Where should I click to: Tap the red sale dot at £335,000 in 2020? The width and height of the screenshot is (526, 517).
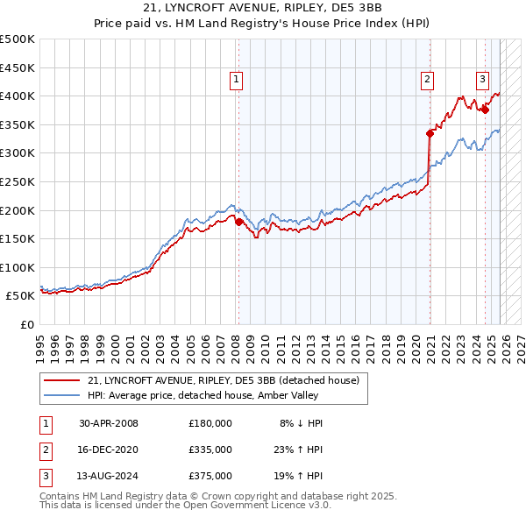430,133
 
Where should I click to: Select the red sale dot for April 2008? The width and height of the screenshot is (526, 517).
238,222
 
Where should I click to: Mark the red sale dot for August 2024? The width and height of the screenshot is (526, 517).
485,110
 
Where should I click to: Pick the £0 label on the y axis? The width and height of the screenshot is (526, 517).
26,324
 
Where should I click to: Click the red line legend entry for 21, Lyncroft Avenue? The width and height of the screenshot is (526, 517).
224,380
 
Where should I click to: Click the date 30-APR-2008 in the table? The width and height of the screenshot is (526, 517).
109,423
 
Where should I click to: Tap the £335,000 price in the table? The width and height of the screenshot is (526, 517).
210,450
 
